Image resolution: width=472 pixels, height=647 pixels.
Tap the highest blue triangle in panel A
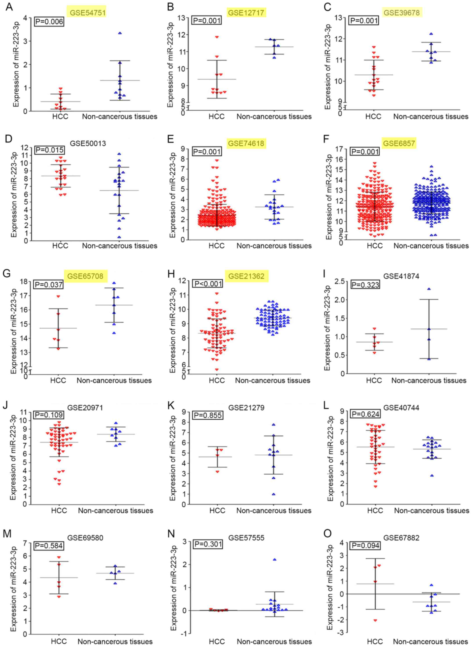pyautogui.click(x=120, y=33)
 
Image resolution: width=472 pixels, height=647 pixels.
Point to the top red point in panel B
pyautogui.click(x=217, y=37)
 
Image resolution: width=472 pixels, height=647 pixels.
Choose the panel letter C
pyautogui.click(x=327, y=6)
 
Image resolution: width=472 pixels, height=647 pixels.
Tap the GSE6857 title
pyautogui.click(x=399, y=143)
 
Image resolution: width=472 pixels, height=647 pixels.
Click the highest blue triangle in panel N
pyautogui.click(x=274, y=559)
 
